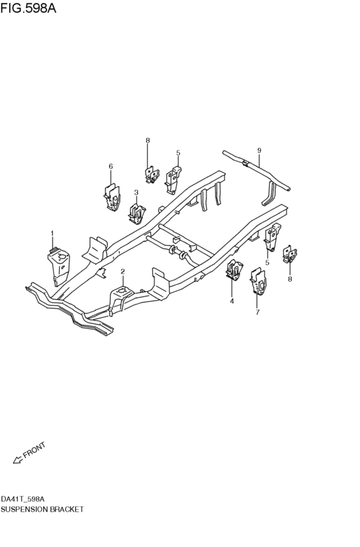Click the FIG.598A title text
click(x=28, y=8)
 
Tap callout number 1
click(x=52, y=233)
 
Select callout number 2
click(x=122, y=271)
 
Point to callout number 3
click(x=136, y=192)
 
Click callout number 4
click(x=232, y=301)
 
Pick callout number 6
click(x=111, y=166)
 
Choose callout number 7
click(x=257, y=312)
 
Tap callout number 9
click(x=259, y=150)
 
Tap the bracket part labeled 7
click(x=258, y=281)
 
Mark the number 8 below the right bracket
click(x=290, y=279)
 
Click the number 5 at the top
click(x=178, y=152)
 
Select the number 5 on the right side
click(x=267, y=262)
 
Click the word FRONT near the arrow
click(x=34, y=450)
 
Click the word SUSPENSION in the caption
click(x=24, y=509)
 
